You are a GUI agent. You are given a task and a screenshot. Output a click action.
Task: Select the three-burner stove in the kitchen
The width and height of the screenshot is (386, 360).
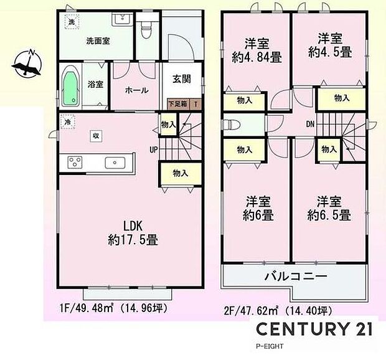(x=75, y=163)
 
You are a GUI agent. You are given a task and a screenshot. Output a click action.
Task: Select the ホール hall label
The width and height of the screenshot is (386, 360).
(x=137, y=90)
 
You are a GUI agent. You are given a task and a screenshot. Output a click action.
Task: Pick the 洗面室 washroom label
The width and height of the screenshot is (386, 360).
(x=98, y=42)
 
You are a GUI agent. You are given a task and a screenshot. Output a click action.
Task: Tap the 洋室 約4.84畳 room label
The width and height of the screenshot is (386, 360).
(x=257, y=51)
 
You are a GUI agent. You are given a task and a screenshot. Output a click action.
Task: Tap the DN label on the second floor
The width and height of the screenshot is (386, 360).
(x=309, y=123)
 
